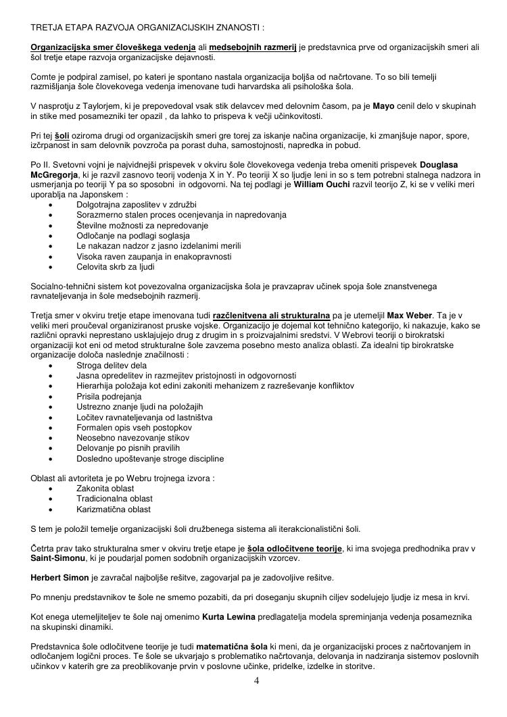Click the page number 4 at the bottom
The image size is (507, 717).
pyautogui.click(x=256, y=681)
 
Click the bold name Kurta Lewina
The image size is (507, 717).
pyautogui.click(x=227, y=617)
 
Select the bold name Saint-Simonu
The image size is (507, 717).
pyautogui.click(x=58, y=558)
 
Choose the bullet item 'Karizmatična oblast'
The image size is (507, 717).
pyautogui.click(x=114, y=509)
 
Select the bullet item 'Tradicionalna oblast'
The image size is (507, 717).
pyautogui.click(x=114, y=499)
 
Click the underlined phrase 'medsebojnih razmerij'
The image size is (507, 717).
pyautogui.click(x=253, y=47)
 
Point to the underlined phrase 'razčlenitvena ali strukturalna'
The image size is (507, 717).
pyautogui.click(x=272, y=316)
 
